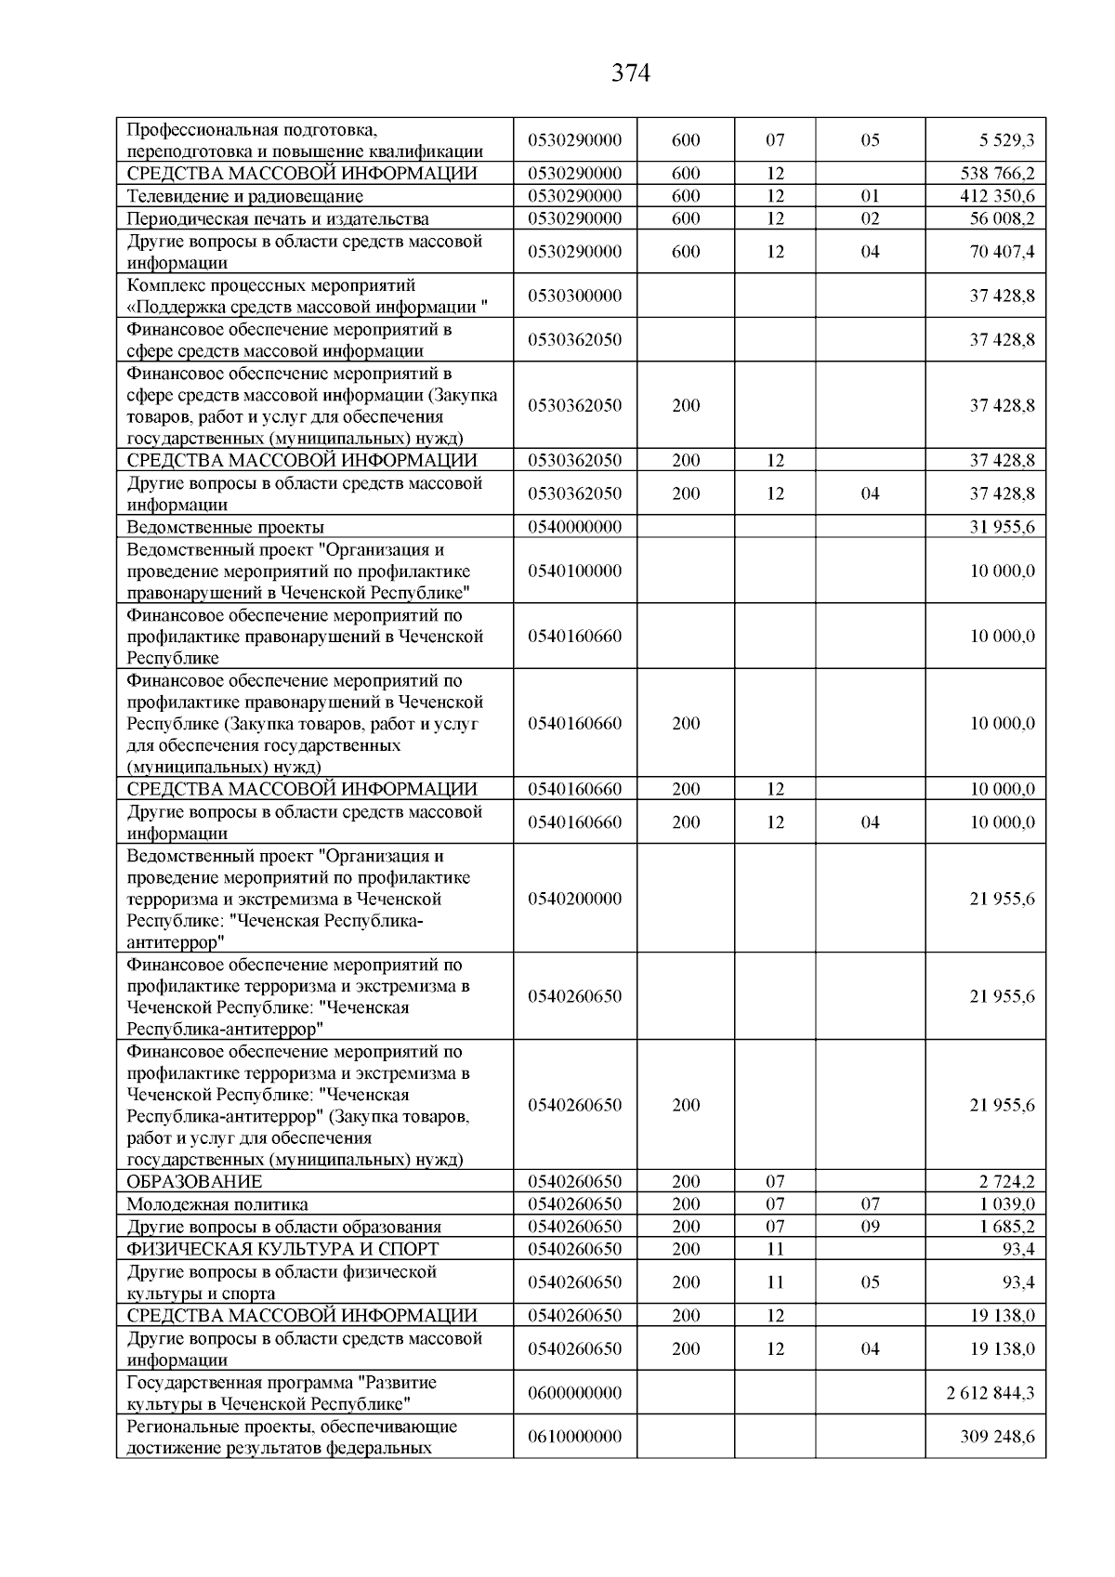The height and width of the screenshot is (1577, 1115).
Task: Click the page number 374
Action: click(x=631, y=73)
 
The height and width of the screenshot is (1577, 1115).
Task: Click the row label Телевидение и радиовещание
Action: click(x=245, y=196)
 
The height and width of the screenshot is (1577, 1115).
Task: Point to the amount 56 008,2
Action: click(x=1002, y=219)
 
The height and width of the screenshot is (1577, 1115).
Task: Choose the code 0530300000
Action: click(x=574, y=296)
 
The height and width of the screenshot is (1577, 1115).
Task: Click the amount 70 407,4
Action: click(x=1002, y=252)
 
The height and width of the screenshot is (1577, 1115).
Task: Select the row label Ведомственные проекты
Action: click(x=226, y=527)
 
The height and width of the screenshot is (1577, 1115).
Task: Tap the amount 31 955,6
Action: click(x=1002, y=527)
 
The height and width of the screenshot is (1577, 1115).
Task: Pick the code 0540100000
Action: click(x=574, y=572)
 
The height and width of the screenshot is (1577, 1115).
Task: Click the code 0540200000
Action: click(x=574, y=899)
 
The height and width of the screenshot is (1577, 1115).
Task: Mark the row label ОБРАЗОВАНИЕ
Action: click(x=194, y=1182)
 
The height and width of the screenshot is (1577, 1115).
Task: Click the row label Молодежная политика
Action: click(x=217, y=1204)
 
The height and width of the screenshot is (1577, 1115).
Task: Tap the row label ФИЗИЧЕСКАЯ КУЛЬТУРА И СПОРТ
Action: click(x=282, y=1249)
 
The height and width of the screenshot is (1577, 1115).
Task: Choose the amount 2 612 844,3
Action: click(x=990, y=1393)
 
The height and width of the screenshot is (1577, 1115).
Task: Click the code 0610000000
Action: click(x=574, y=1437)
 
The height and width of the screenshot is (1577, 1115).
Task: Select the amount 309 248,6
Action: click(x=997, y=1437)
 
